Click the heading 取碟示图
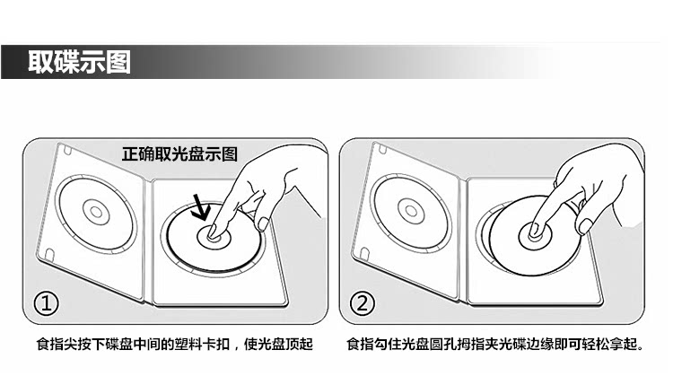point(79,62)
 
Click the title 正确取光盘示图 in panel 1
point(179,153)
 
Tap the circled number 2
point(363,304)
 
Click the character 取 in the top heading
point(39,62)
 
